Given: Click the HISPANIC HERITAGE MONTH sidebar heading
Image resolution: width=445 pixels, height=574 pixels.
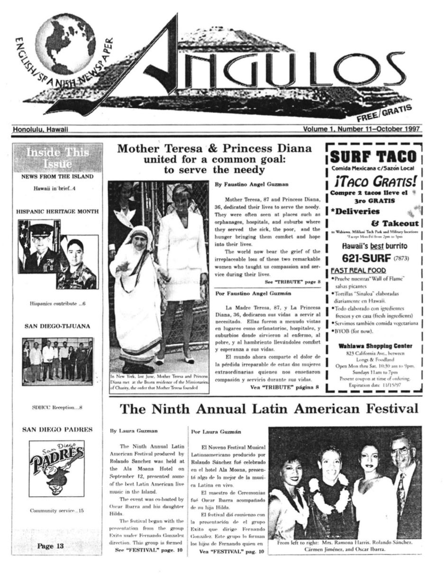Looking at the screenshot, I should [57, 211].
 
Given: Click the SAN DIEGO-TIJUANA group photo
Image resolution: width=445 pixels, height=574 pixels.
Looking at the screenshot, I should [57, 361].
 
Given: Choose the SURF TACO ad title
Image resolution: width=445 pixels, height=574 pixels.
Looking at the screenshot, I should [373, 157].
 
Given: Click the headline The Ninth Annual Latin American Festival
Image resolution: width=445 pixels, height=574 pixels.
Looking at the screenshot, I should [269, 409].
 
